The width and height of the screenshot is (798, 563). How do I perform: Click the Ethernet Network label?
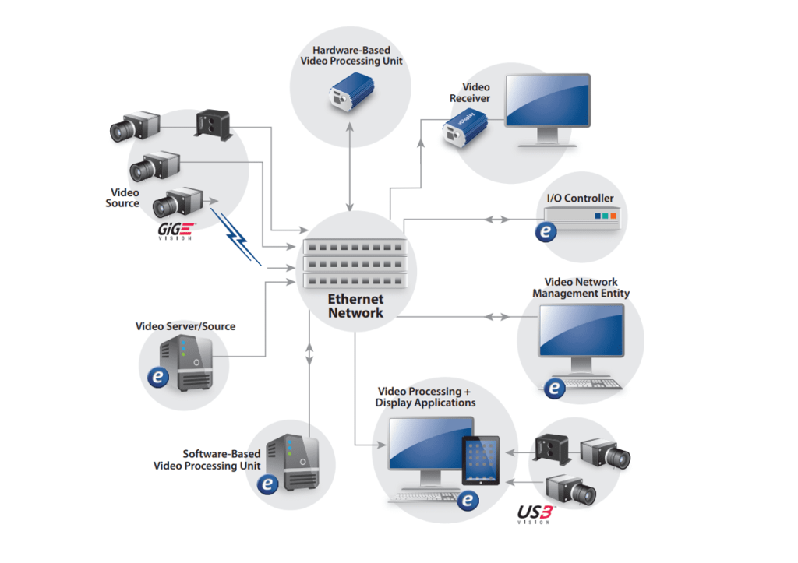coord(355,306)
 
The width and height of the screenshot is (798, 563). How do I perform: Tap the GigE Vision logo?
coord(177,230)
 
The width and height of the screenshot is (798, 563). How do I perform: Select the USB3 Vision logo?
coord(535,514)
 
